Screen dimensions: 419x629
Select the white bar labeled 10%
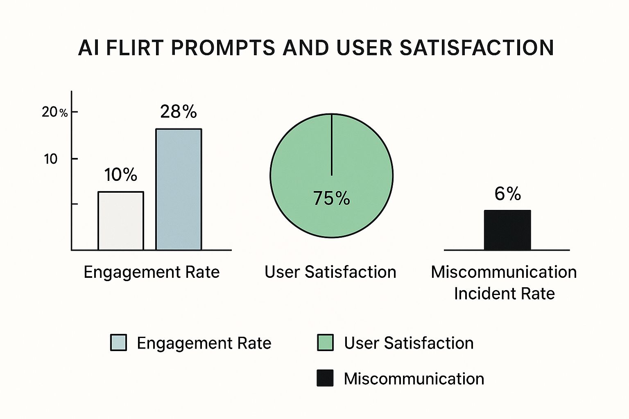pos(121,221)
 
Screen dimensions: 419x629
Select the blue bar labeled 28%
pos(179,189)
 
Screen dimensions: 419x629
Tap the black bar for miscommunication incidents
pos(507,230)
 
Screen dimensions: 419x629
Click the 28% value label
pos(179,112)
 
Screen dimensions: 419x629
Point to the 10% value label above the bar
pos(121,175)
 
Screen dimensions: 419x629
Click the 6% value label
pos(507,194)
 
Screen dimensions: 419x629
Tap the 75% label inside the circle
pos(332,198)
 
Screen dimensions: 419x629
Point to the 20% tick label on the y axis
pos(54,112)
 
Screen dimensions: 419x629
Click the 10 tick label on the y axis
pos(51,159)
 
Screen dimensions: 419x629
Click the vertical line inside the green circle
pos(331,145)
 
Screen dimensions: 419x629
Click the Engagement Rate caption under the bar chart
pos(152,272)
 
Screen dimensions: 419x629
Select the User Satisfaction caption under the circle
pos(330,272)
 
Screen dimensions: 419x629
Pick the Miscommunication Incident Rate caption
pos(504,283)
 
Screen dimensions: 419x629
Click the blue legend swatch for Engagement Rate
pos(118,342)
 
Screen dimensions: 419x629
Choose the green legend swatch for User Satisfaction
pos(325,342)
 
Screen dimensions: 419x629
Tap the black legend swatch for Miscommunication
pos(325,378)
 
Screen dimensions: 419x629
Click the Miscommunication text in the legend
pos(414,378)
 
